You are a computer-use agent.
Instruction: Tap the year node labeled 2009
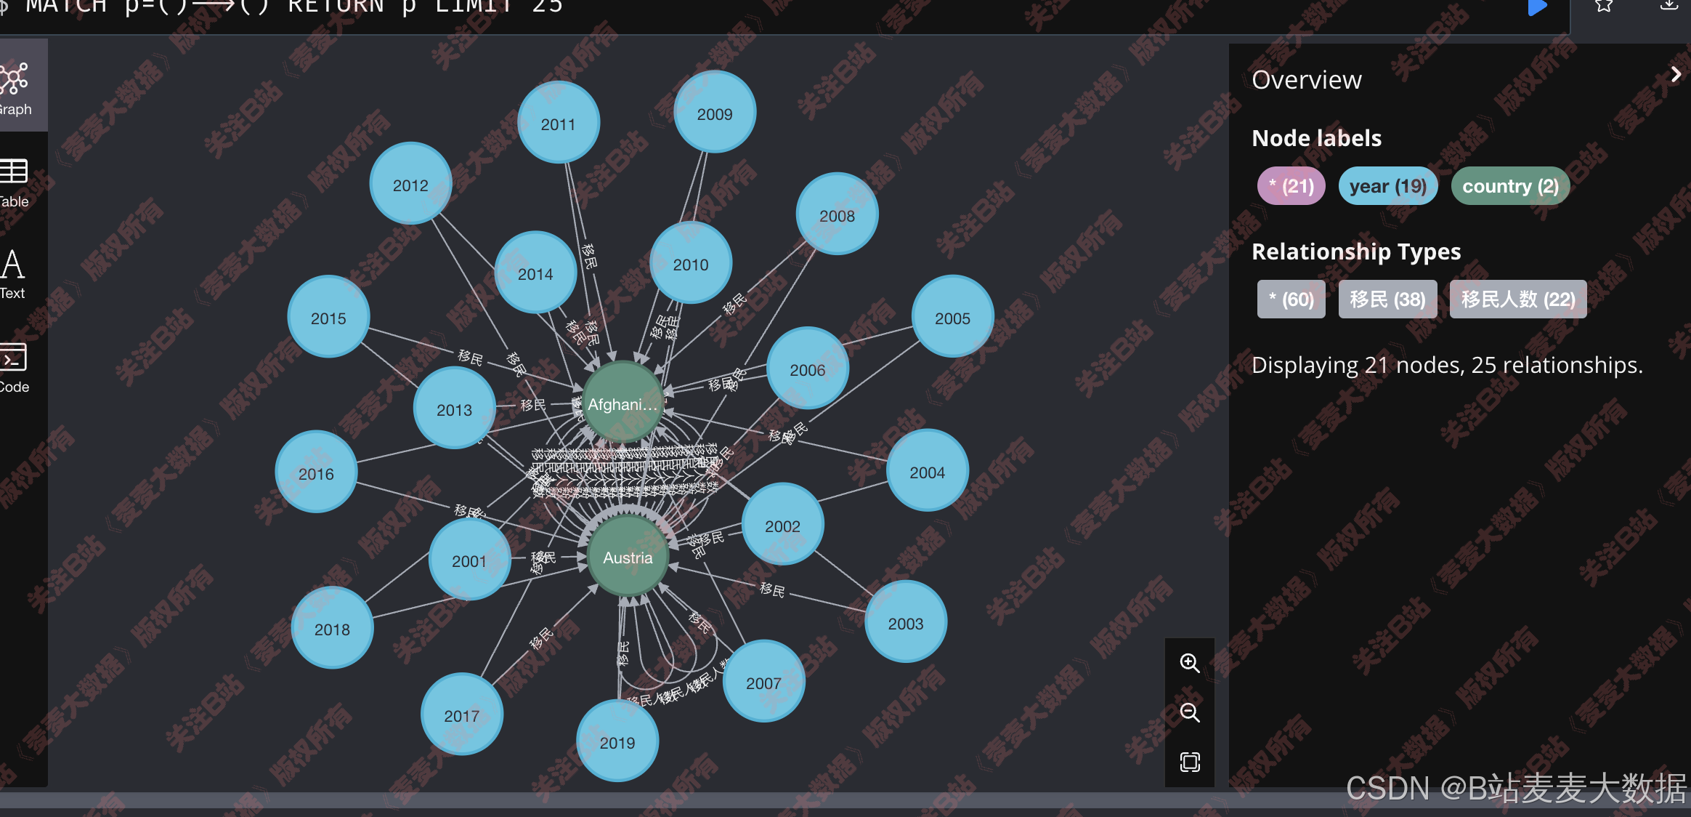pos(715,113)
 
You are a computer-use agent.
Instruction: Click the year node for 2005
pos(952,318)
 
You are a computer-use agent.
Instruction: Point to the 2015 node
pos(328,318)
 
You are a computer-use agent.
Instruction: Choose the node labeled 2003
pos(905,623)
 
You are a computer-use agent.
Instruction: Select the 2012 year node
pos(410,185)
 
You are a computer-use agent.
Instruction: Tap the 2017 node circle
pos(462,715)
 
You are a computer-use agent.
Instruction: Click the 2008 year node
pos(837,215)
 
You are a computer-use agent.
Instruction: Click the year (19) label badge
pos(1387,186)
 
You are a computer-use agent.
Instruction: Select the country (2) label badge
pos(1510,186)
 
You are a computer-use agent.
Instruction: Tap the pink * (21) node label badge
pos(1291,186)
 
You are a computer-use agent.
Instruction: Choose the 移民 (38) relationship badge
pos(1387,299)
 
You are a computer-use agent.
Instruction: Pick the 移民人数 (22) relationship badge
pos(1518,299)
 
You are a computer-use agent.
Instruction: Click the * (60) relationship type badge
pos(1291,299)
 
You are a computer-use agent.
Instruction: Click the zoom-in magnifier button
pos(1189,663)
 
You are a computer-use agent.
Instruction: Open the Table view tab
pos(15,182)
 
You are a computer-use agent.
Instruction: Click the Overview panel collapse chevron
pos(1676,75)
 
